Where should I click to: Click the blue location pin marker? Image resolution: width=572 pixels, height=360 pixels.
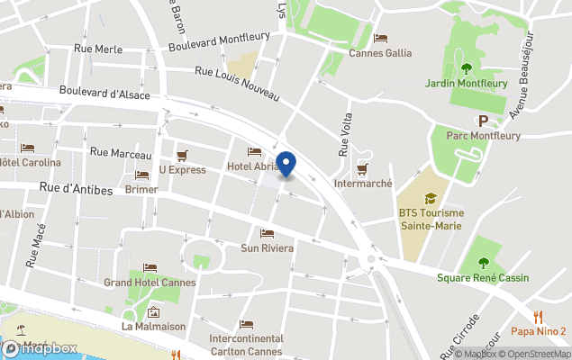(x=286, y=165)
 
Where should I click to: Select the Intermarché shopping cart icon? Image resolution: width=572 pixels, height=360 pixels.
(x=362, y=168)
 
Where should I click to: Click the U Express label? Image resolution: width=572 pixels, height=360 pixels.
(x=183, y=169)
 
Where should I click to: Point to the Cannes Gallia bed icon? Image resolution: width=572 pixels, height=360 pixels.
(x=380, y=39)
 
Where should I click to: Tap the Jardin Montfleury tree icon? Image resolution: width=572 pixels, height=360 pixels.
(x=466, y=67)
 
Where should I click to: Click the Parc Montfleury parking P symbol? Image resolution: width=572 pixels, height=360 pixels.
(x=484, y=121)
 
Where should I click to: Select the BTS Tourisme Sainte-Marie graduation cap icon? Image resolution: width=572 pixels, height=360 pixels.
(x=431, y=198)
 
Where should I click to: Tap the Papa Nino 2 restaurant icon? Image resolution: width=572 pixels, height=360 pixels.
(x=538, y=316)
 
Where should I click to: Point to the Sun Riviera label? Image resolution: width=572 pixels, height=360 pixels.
(x=267, y=247)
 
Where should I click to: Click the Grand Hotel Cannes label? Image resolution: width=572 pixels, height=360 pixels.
(x=150, y=283)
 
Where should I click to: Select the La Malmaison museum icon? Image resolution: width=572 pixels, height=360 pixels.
(x=154, y=312)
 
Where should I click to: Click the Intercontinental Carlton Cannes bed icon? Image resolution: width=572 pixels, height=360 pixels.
(x=247, y=325)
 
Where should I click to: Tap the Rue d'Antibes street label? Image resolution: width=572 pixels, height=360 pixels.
(x=76, y=188)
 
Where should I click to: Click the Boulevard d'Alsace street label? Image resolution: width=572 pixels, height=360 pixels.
(x=104, y=92)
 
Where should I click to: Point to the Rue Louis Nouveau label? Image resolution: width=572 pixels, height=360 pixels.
(x=237, y=85)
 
